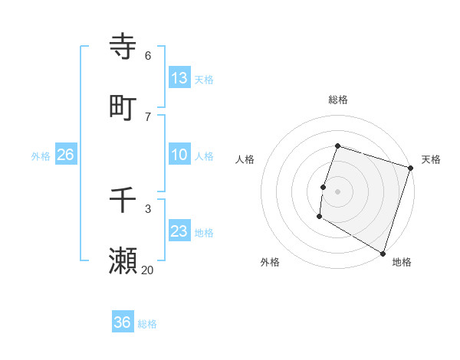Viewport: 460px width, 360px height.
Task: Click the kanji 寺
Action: click(123, 47)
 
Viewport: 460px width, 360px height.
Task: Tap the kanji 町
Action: click(123, 107)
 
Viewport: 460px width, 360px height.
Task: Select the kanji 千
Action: click(123, 201)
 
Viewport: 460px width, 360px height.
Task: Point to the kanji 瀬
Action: click(123, 260)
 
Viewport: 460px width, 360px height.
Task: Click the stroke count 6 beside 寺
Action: click(148, 56)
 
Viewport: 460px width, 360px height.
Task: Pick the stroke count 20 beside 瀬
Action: click(147, 270)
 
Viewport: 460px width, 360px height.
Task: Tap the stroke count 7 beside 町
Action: click(148, 116)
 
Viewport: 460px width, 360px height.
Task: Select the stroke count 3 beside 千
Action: click(148, 209)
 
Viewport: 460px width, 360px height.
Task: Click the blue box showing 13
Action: click(179, 78)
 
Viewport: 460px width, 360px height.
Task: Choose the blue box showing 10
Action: click(179, 155)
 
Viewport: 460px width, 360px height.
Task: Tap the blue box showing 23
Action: click(179, 231)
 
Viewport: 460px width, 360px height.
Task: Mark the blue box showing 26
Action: click(65, 155)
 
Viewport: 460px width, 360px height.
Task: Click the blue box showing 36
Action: click(123, 322)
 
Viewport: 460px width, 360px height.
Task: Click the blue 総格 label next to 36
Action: click(148, 324)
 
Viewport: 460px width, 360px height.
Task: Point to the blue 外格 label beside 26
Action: click(41, 156)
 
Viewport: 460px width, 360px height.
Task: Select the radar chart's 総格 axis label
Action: click(338, 100)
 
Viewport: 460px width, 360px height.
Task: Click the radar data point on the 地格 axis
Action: click(383, 252)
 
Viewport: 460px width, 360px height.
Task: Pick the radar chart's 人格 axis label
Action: click(245, 159)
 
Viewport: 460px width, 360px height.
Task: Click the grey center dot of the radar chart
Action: click(338, 191)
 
